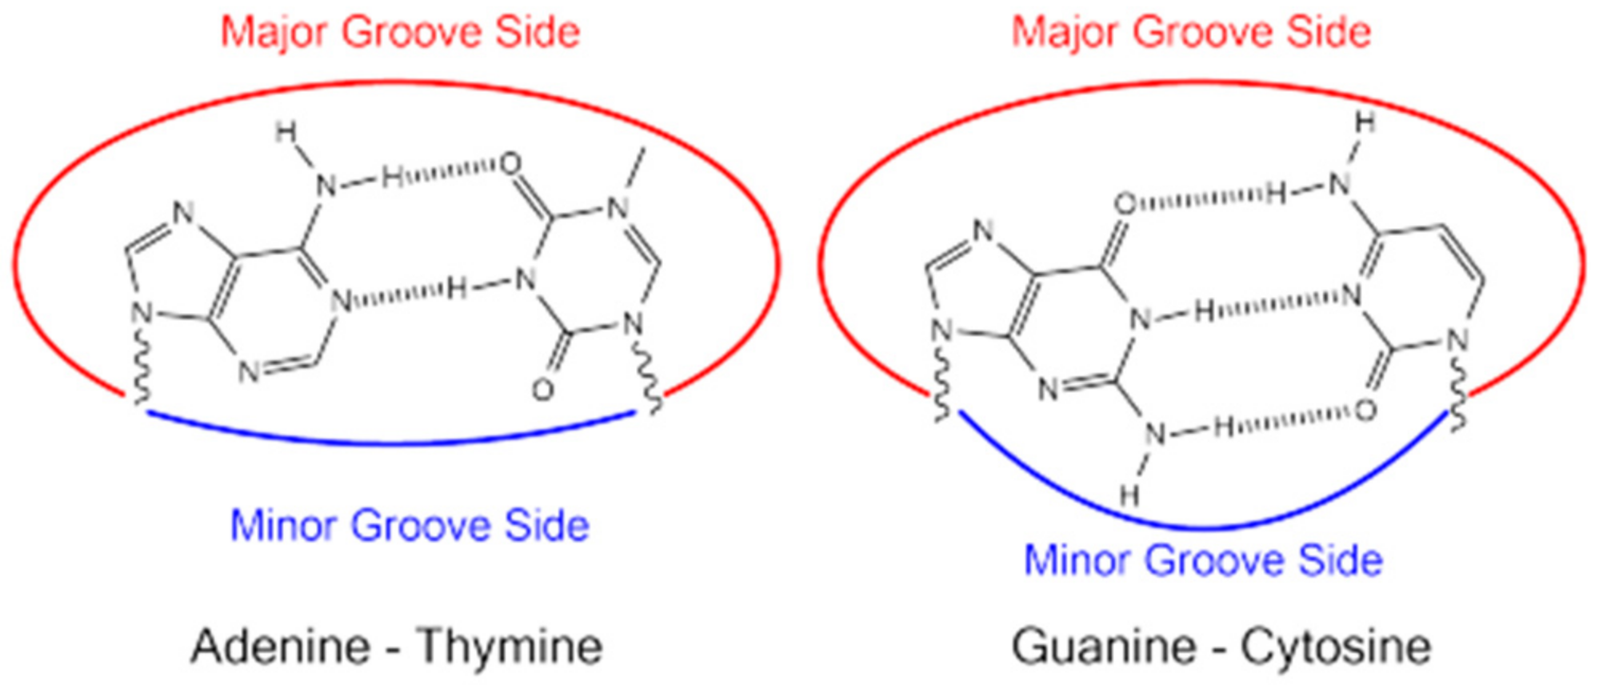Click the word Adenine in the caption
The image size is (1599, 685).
(x=281, y=647)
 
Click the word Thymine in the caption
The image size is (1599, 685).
(x=510, y=647)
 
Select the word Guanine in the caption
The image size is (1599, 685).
(x=1104, y=647)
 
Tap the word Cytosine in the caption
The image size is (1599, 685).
(x=1335, y=647)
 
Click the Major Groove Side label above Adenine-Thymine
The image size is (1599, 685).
(x=400, y=33)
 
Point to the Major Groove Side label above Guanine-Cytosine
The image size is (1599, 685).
(x=1191, y=33)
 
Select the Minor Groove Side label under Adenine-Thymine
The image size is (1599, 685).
(x=410, y=526)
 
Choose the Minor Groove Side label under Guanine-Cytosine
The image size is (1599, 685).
(x=1203, y=559)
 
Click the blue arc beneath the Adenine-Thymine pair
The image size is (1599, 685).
(x=392, y=441)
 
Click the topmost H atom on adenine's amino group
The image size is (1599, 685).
(x=286, y=132)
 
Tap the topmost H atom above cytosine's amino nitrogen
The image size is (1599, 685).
(x=1365, y=122)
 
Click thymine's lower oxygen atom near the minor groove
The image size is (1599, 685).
(x=543, y=390)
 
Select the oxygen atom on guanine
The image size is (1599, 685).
(x=1125, y=203)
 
